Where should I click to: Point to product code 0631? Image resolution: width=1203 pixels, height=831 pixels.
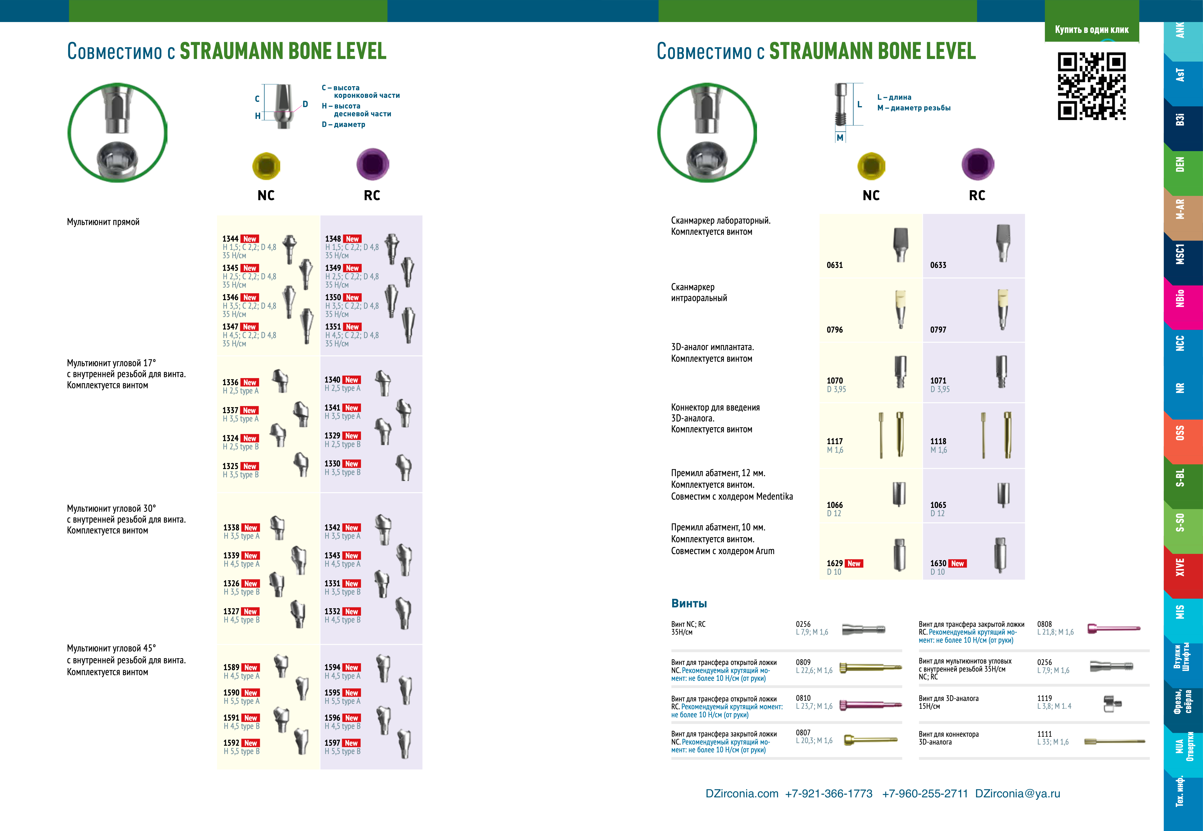click(834, 265)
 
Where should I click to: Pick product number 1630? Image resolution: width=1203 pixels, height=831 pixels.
click(938, 563)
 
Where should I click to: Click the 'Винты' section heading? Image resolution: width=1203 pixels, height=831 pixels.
click(689, 603)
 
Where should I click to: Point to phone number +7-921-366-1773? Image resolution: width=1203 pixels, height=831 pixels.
click(829, 794)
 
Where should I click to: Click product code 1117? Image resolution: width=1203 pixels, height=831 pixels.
click(834, 441)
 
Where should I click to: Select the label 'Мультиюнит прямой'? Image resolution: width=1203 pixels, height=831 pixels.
click(103, 222)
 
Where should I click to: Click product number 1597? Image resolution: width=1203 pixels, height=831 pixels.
click(332, 743)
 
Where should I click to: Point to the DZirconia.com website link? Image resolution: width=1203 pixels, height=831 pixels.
click(742, 794)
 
